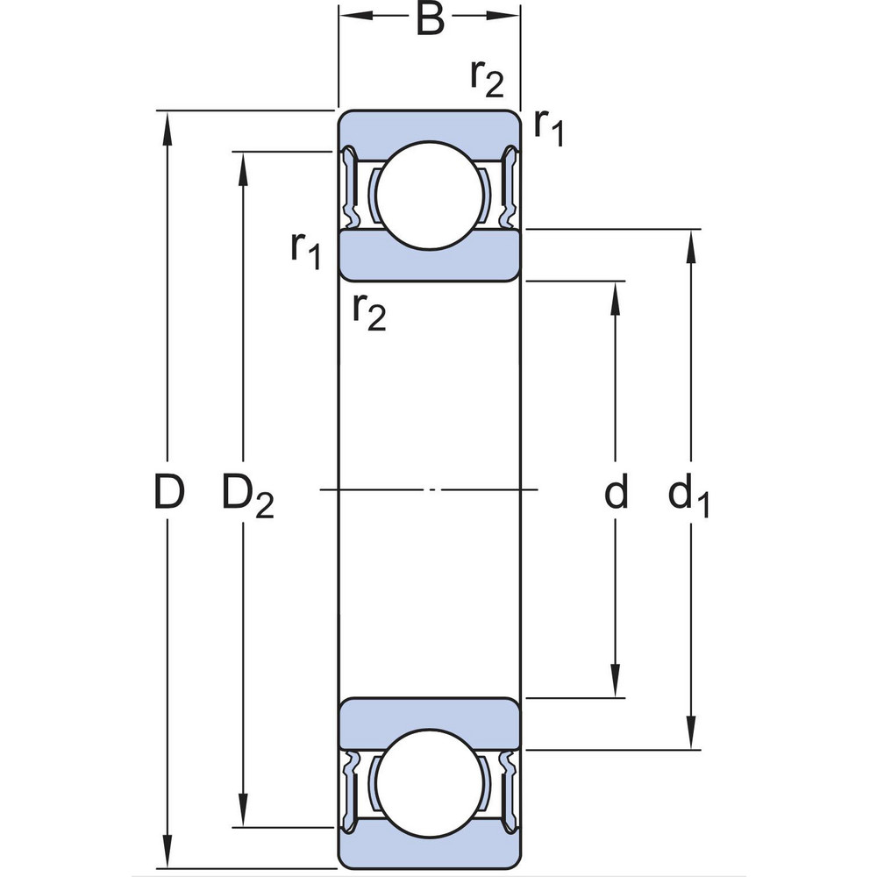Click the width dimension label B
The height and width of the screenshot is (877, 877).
click(430, 19)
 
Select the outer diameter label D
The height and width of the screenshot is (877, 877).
click(169, 493)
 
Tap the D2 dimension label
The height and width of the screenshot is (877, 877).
click(247, 496)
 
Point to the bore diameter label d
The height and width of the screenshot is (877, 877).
click(617, 493)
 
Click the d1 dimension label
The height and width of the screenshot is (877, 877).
click(688, 496)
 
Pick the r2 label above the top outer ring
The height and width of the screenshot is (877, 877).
click(487, 79)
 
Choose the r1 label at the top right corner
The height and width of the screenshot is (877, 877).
click(549, 128)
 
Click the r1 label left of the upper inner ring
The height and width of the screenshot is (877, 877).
click(306, 251)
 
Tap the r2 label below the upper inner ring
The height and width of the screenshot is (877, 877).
click(368, 310)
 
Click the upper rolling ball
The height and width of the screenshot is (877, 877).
click(430, 196)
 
